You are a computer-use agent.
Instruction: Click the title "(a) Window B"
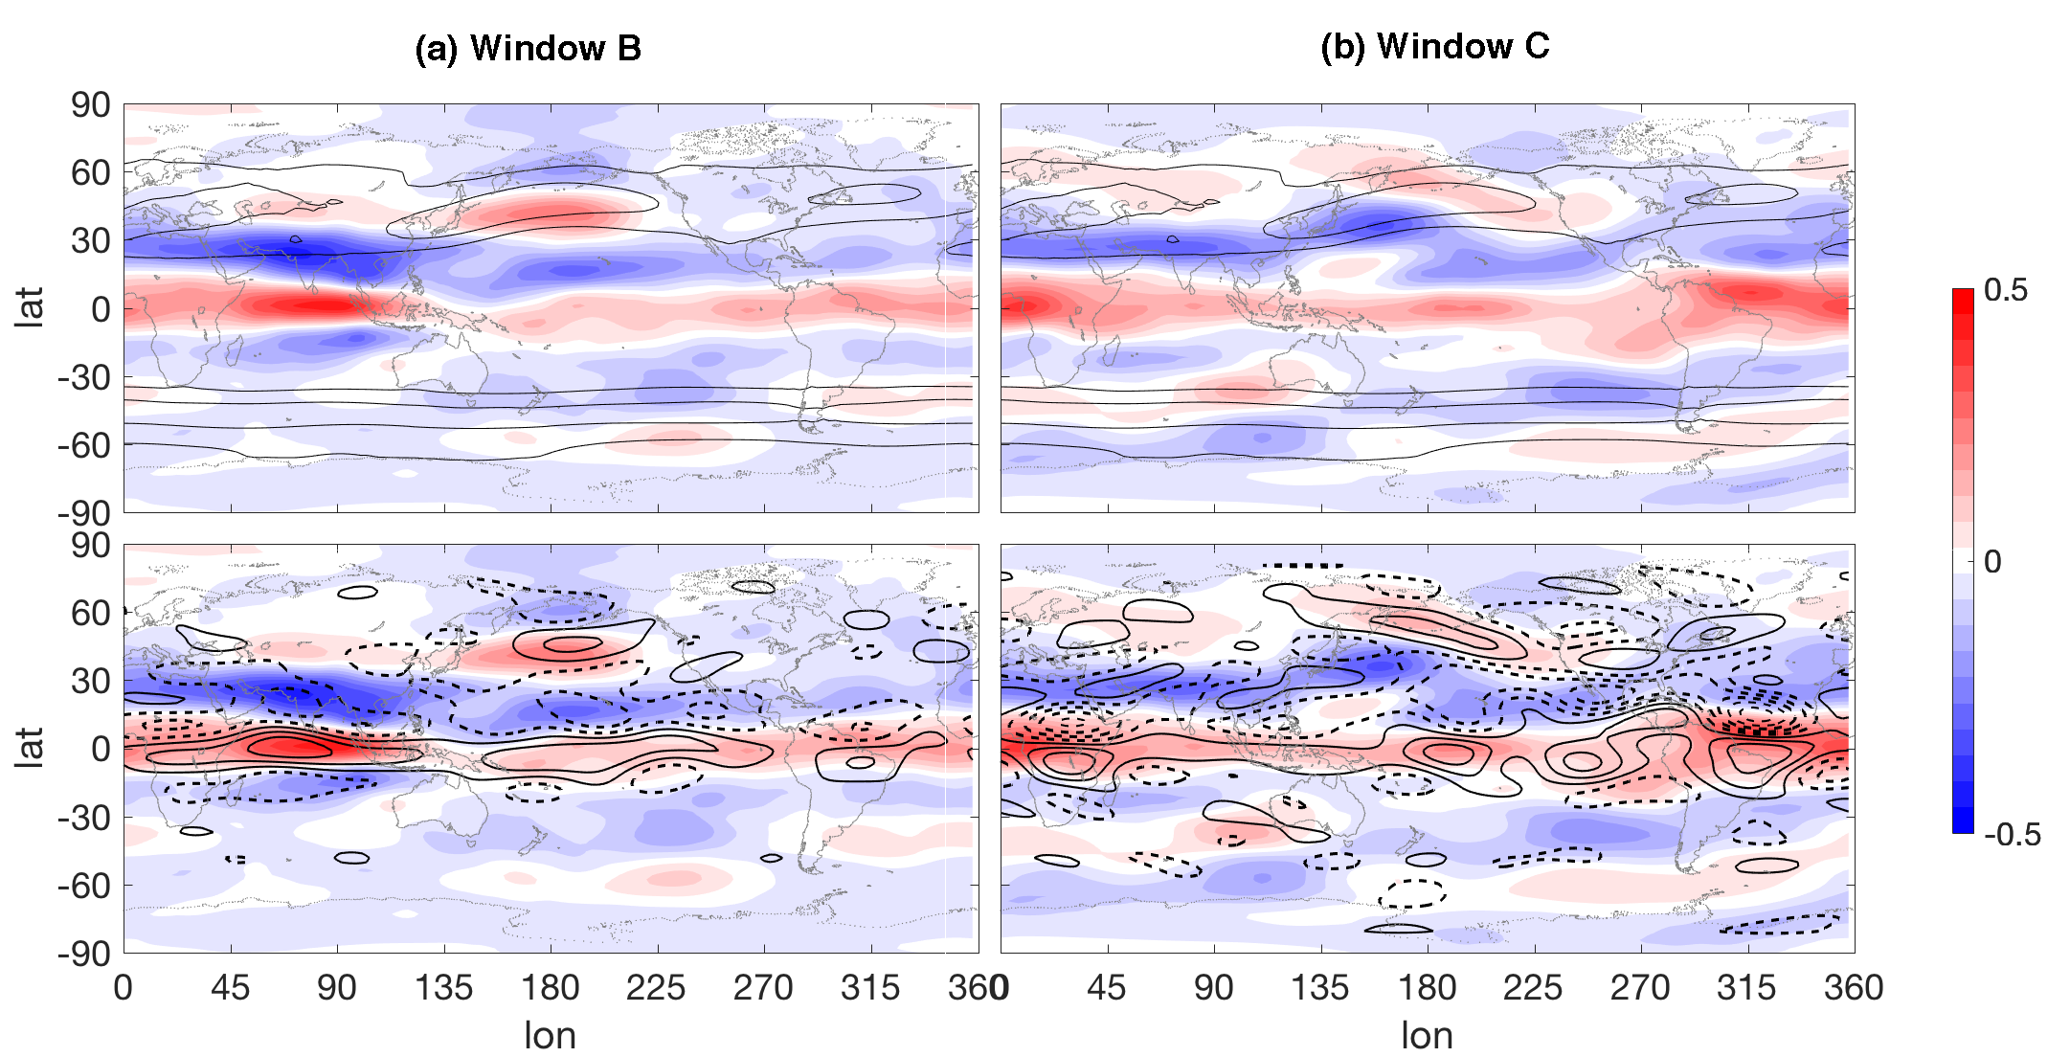coord(528,48)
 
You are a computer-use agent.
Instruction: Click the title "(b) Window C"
coord(1434,46)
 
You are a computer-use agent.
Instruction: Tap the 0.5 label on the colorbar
coord(2006,289)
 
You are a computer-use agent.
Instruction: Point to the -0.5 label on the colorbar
coord(2012,834)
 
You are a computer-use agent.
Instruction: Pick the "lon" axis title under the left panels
coord(550,1035)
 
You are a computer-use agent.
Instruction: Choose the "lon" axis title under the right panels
coord(1427,1035)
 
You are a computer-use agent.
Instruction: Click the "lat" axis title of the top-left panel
coord(30,308)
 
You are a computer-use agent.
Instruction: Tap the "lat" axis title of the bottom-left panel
coord(30,748)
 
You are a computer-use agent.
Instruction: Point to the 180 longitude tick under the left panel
coord(550,987)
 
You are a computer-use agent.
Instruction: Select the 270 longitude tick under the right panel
coord(1640,987)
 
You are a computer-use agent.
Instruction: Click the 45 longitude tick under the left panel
coord(230,987)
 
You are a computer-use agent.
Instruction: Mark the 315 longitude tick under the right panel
coord(1747,987)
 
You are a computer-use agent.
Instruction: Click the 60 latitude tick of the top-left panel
coord(90,173)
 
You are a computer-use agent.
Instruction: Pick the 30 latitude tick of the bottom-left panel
coord(90,682)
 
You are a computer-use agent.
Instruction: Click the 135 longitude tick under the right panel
coord(1320,987)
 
